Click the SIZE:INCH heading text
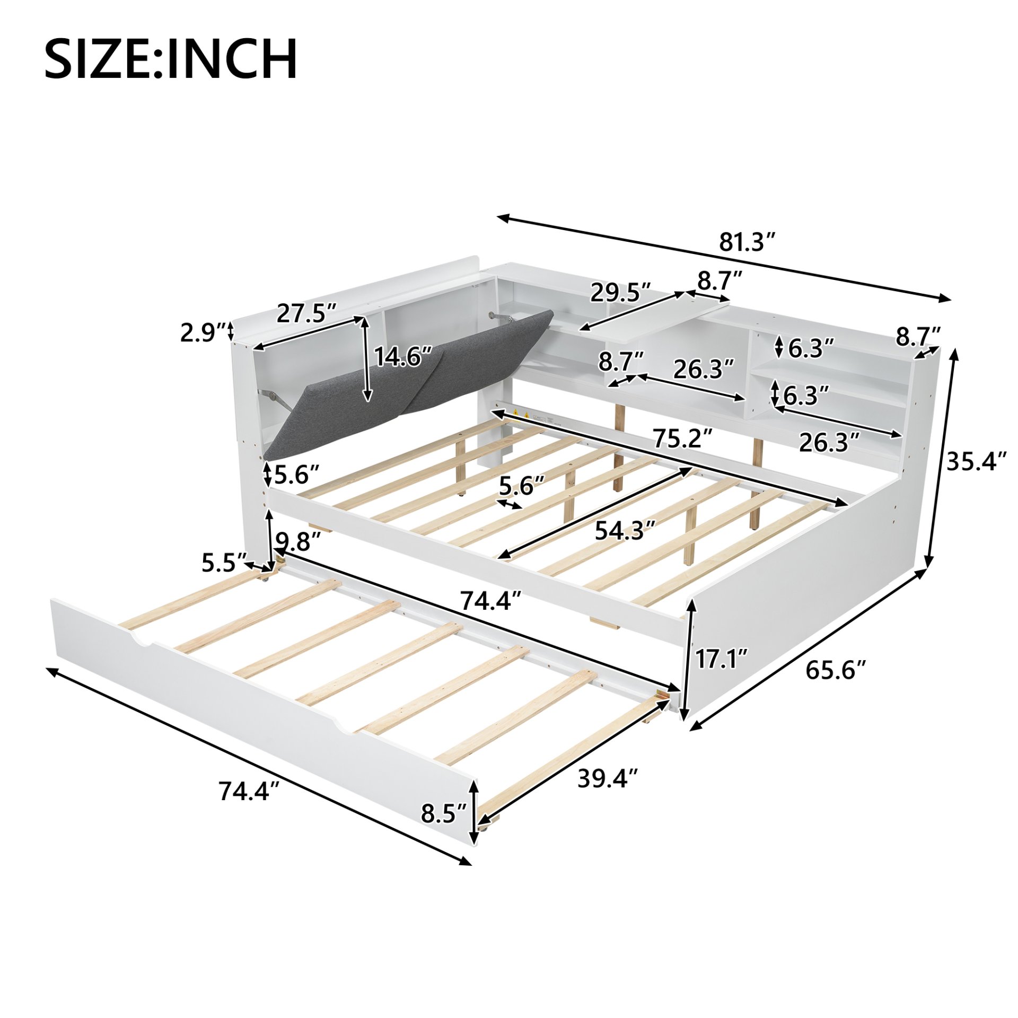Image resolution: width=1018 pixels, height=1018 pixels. pos(171,59)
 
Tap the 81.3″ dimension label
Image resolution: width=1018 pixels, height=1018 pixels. pos(747,243)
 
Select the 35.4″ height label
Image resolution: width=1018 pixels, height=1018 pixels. pos(976,461)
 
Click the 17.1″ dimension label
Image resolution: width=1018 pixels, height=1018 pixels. pos(721,660)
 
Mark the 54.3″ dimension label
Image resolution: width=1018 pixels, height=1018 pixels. pos(626,530)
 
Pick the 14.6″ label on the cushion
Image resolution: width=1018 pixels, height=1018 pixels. pos(404,357)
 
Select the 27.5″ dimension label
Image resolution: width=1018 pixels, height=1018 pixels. pos(306,313)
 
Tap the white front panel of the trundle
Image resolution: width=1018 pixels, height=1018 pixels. pos(254,689)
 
